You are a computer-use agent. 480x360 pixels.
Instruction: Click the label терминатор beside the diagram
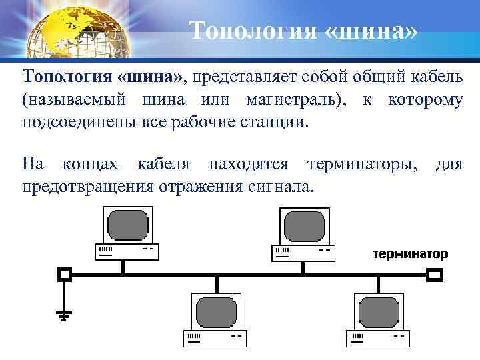coord(410,254)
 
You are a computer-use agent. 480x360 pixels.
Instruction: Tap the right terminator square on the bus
coord(435,273)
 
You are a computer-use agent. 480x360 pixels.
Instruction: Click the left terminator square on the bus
coord(65,273)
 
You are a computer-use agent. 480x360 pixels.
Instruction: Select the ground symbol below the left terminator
coord(65,313)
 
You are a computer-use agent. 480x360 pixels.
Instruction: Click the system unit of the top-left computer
coord(127,251)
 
